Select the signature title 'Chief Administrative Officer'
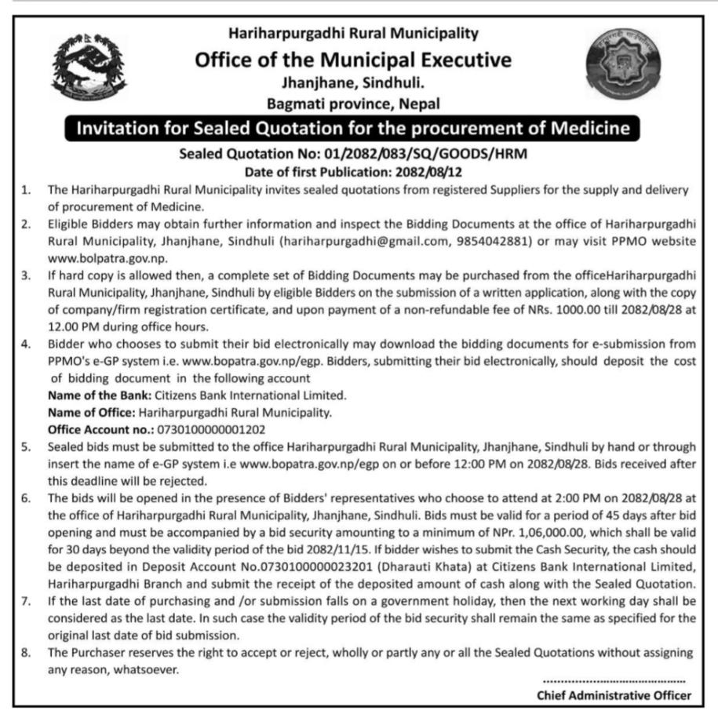click(x=614, y=694)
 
